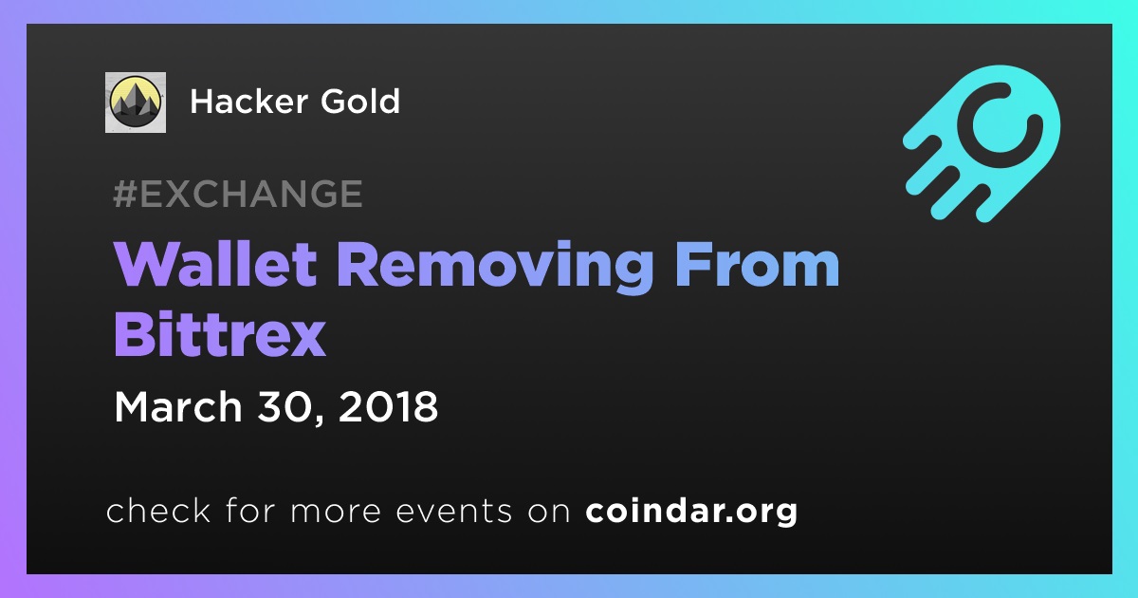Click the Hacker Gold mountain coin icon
point(135,103)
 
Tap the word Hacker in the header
point(248,101)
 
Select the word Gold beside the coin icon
point(360,101)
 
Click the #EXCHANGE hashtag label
point(238,194)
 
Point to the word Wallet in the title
point(215,265)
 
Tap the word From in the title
point(757,265)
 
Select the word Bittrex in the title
point(219,334)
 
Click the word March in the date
point(178,407)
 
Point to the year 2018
point(388,407)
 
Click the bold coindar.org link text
point(691,511)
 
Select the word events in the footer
point(454,511)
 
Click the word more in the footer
point(336,513)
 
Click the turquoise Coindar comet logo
point(982,144)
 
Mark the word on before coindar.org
point(549,513)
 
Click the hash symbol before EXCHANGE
point(125,194)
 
